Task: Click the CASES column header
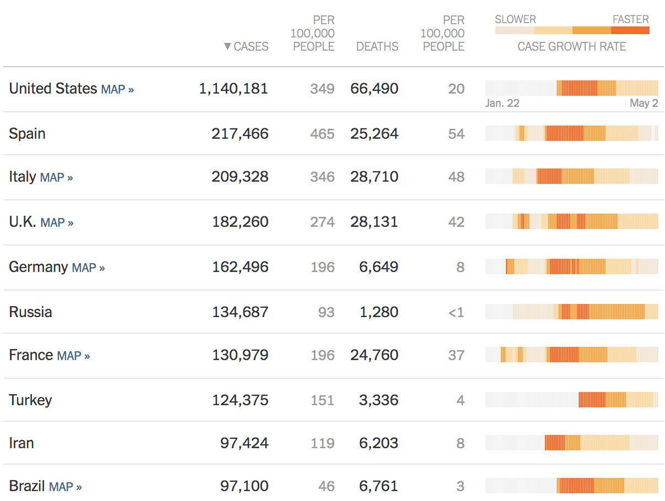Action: pyautogui.click(x=251, y=47)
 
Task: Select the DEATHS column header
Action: pyautogui.click(x=377, y=47)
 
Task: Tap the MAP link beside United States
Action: pyautogui.click(x=117, y=89)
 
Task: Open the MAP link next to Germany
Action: pyautogui.click(x=88, y=268)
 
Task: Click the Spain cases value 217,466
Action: pyautogui.click(x=240, y=134)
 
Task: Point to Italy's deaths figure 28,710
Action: pyautogui.click(x=374, y=177)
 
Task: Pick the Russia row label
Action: pyautogui.click(x=31, y=312)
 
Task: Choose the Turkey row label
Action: pyautogui.click(x=31, y=400)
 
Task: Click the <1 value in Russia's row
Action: pyautogui.click(x=456, y=313)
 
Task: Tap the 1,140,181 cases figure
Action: pyautogui.click(x=233, y=89)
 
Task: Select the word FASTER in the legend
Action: pyautogui.click(x=630, y=20)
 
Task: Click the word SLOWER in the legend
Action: pyautogui.click(x=515, y=20)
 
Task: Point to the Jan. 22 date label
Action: pyautogui.click(x=502, y=104)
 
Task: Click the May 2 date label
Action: pyautogui.click(x=644, y=104)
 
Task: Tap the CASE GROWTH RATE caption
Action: pyautogui.click(x=571, y=47)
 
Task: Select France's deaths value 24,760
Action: pyautogui.click(x=374, y=355)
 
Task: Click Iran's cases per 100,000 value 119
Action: pyautogui.click(x=323, y=443)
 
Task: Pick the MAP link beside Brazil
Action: pyautogui.click(x=65, y=487)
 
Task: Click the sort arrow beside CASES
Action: pyautogui.click(x=227, y=47)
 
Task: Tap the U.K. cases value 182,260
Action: pyautogui.click(x=240, y=222)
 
